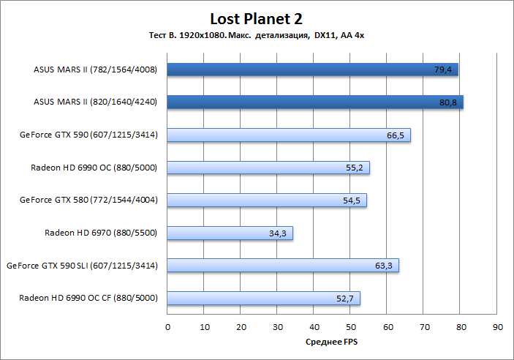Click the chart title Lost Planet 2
click(256, 18)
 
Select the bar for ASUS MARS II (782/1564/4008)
click(312, 70)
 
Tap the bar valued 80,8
click(315, 102)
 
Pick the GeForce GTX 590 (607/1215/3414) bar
click(289, 135)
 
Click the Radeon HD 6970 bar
click(230, 233)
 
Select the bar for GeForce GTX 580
click(267, 200)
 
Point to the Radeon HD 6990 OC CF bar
click(263, 298)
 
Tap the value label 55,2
click(355, 168)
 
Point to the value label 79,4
click(444, 70)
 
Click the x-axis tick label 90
click(497, 326)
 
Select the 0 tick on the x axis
click(167, 326)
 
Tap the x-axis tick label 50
click(350, 326)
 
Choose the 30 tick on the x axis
click(277, 326)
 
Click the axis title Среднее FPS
click(331, 342)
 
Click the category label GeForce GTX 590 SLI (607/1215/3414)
click(82, 266)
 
